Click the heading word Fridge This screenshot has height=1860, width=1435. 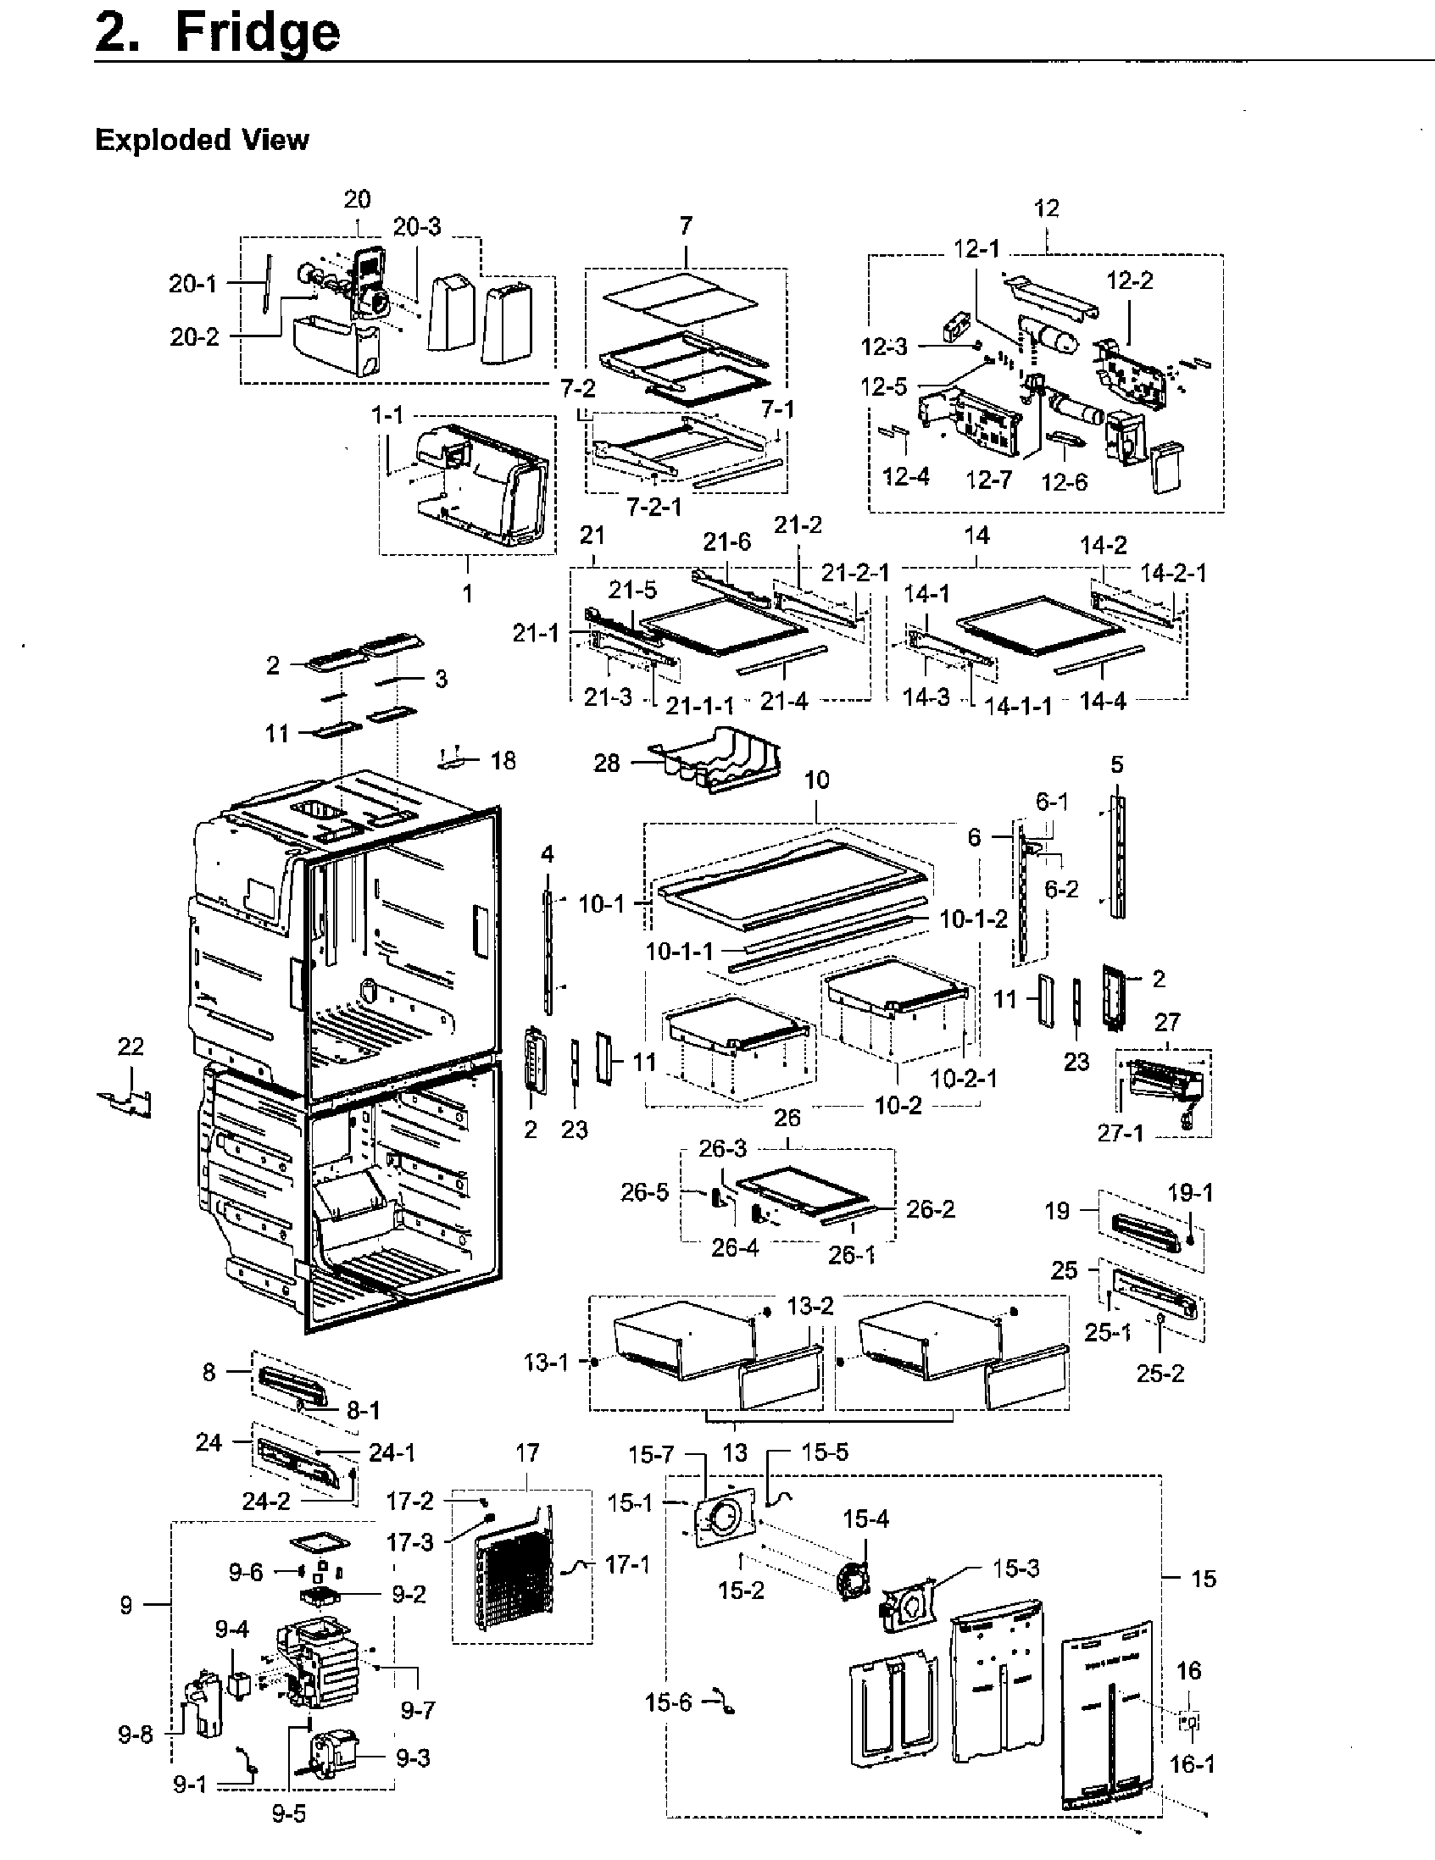point(257,34)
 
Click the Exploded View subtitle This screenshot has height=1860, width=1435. point(201,140)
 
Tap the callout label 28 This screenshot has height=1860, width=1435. point(606,763)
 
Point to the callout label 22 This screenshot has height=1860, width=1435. point(131,1046)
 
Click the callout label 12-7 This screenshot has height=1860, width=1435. point(988,480)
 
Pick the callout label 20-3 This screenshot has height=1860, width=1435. point(416,227)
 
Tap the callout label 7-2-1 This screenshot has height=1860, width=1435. point(654,508)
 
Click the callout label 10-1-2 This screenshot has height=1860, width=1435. point(973,919)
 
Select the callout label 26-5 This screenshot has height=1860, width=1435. point(644,1192)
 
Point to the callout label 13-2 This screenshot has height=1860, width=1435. point(809,1307)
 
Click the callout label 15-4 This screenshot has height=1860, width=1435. point(865,1519)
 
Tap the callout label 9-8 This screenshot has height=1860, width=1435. point(135,1735)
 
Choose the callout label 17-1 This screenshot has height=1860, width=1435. point(627,1564)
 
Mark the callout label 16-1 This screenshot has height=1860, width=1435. point(1192,1763)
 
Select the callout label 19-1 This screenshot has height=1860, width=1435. point(1190,1193)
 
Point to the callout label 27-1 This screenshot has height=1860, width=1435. point(1120,1133)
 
